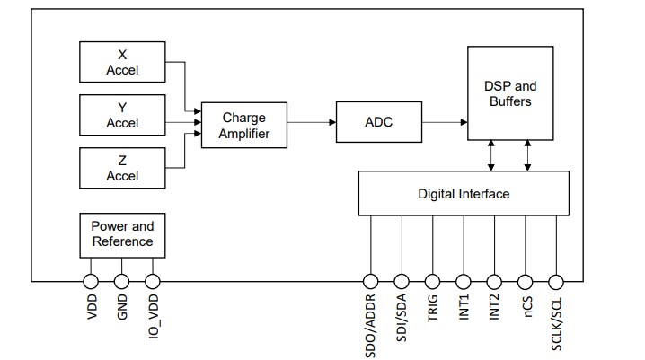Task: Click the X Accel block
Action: coord(122,62)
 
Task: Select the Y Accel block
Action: coord(122,115)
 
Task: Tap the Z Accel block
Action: coord(122,168)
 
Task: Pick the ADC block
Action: coord(378,122)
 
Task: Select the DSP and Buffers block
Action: coord(509,93)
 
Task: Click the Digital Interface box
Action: coord(463,193)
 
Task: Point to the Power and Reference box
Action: coord(122,233)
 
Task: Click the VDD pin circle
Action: coord(91,281)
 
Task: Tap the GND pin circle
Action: coord(122,281)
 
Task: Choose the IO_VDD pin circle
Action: coord(153,281)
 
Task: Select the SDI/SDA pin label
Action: coord(402,320)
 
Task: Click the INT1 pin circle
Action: coord(464,281)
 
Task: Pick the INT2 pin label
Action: coord(494,311)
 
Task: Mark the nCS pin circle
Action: coord(526,281)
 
